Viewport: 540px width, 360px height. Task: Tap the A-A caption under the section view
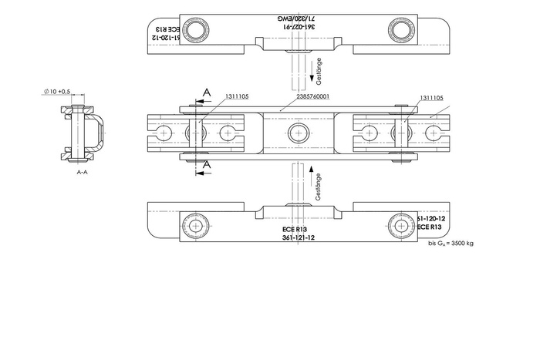[x=82, y=173]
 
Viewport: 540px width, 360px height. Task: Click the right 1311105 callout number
[x=431, y=98]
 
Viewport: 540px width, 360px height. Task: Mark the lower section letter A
[x=206, y=165]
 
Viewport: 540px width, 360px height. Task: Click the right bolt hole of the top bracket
[x=400, y=31]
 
